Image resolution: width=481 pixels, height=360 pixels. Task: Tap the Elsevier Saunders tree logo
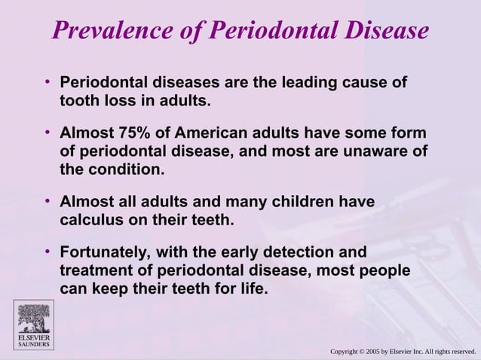33,319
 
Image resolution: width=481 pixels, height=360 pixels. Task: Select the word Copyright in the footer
347,351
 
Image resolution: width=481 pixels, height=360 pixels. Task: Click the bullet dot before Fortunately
47,252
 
